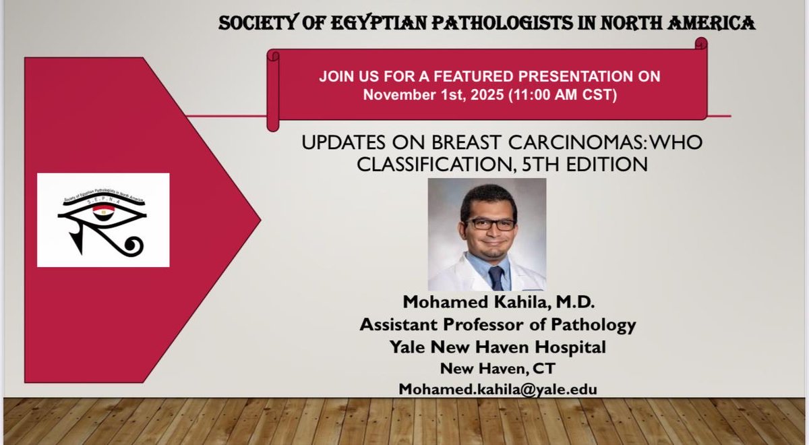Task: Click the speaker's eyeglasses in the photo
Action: click(x=490, y=224)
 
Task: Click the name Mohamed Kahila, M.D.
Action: click(x=498, y=303)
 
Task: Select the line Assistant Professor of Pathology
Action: click(x=498, y=325)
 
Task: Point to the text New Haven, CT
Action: click(x=498, y=368)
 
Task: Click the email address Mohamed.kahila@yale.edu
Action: click(x=498, y=389)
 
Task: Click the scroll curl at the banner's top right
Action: click(x=700, y=44)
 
